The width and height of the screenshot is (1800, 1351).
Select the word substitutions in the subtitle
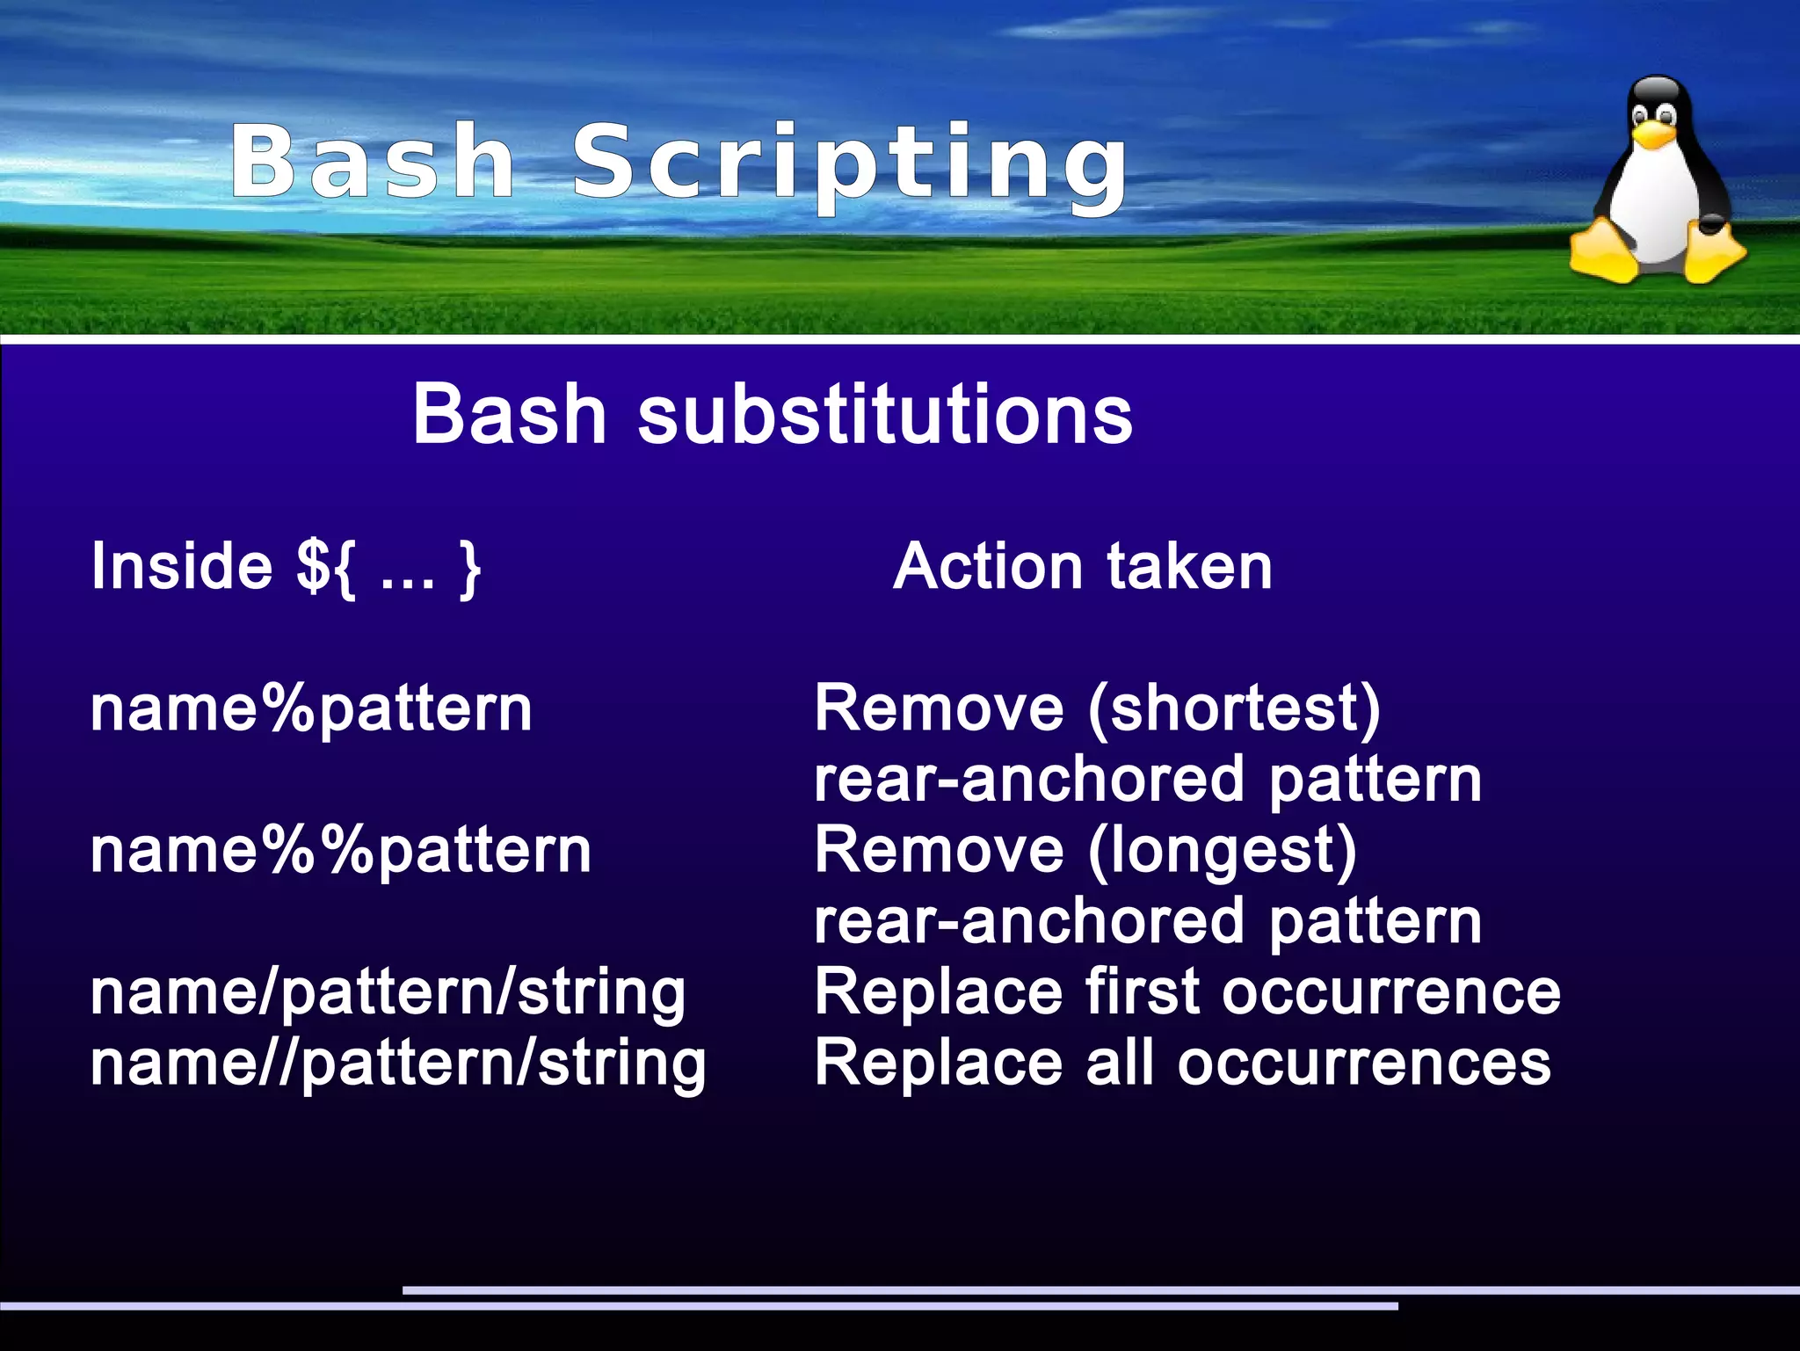[x=884, y=414]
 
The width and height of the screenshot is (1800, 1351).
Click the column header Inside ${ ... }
[x=286, y=567]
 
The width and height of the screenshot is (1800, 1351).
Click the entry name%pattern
[x=311, y=708]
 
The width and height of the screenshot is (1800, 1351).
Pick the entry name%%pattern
[x=341, y=851]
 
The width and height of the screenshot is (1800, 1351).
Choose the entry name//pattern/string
[x=398, y=1064]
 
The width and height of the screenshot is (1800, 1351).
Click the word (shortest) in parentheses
[x=1234, y=708]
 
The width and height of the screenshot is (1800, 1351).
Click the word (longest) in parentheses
[x=1223, y=851]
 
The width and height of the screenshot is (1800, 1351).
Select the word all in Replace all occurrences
[x=1120, y=1062]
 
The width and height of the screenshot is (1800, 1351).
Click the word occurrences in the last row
[x=1364, y=1064]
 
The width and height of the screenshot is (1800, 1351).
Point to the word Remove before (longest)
[x=939, y=851]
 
